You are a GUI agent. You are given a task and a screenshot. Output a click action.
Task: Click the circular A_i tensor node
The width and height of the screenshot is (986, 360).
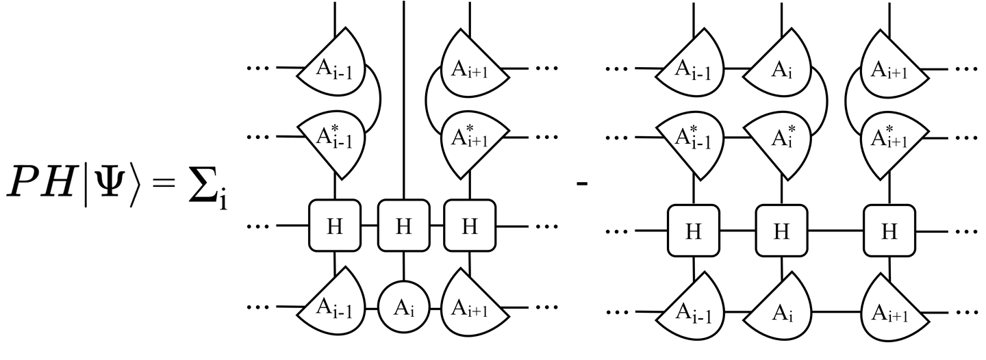coord(403,307)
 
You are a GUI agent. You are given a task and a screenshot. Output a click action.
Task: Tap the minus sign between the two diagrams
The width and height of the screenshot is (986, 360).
coord(583,184)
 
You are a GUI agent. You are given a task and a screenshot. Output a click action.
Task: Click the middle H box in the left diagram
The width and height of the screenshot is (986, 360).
coord(403,225)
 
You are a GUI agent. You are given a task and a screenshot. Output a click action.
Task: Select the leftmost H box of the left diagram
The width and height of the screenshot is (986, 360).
coord(334,225)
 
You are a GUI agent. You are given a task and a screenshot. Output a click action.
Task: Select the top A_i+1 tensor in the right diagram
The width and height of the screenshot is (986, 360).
coord(889,68)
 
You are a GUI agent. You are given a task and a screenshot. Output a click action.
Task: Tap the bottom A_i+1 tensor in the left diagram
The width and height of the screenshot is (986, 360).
coord(471,307)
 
